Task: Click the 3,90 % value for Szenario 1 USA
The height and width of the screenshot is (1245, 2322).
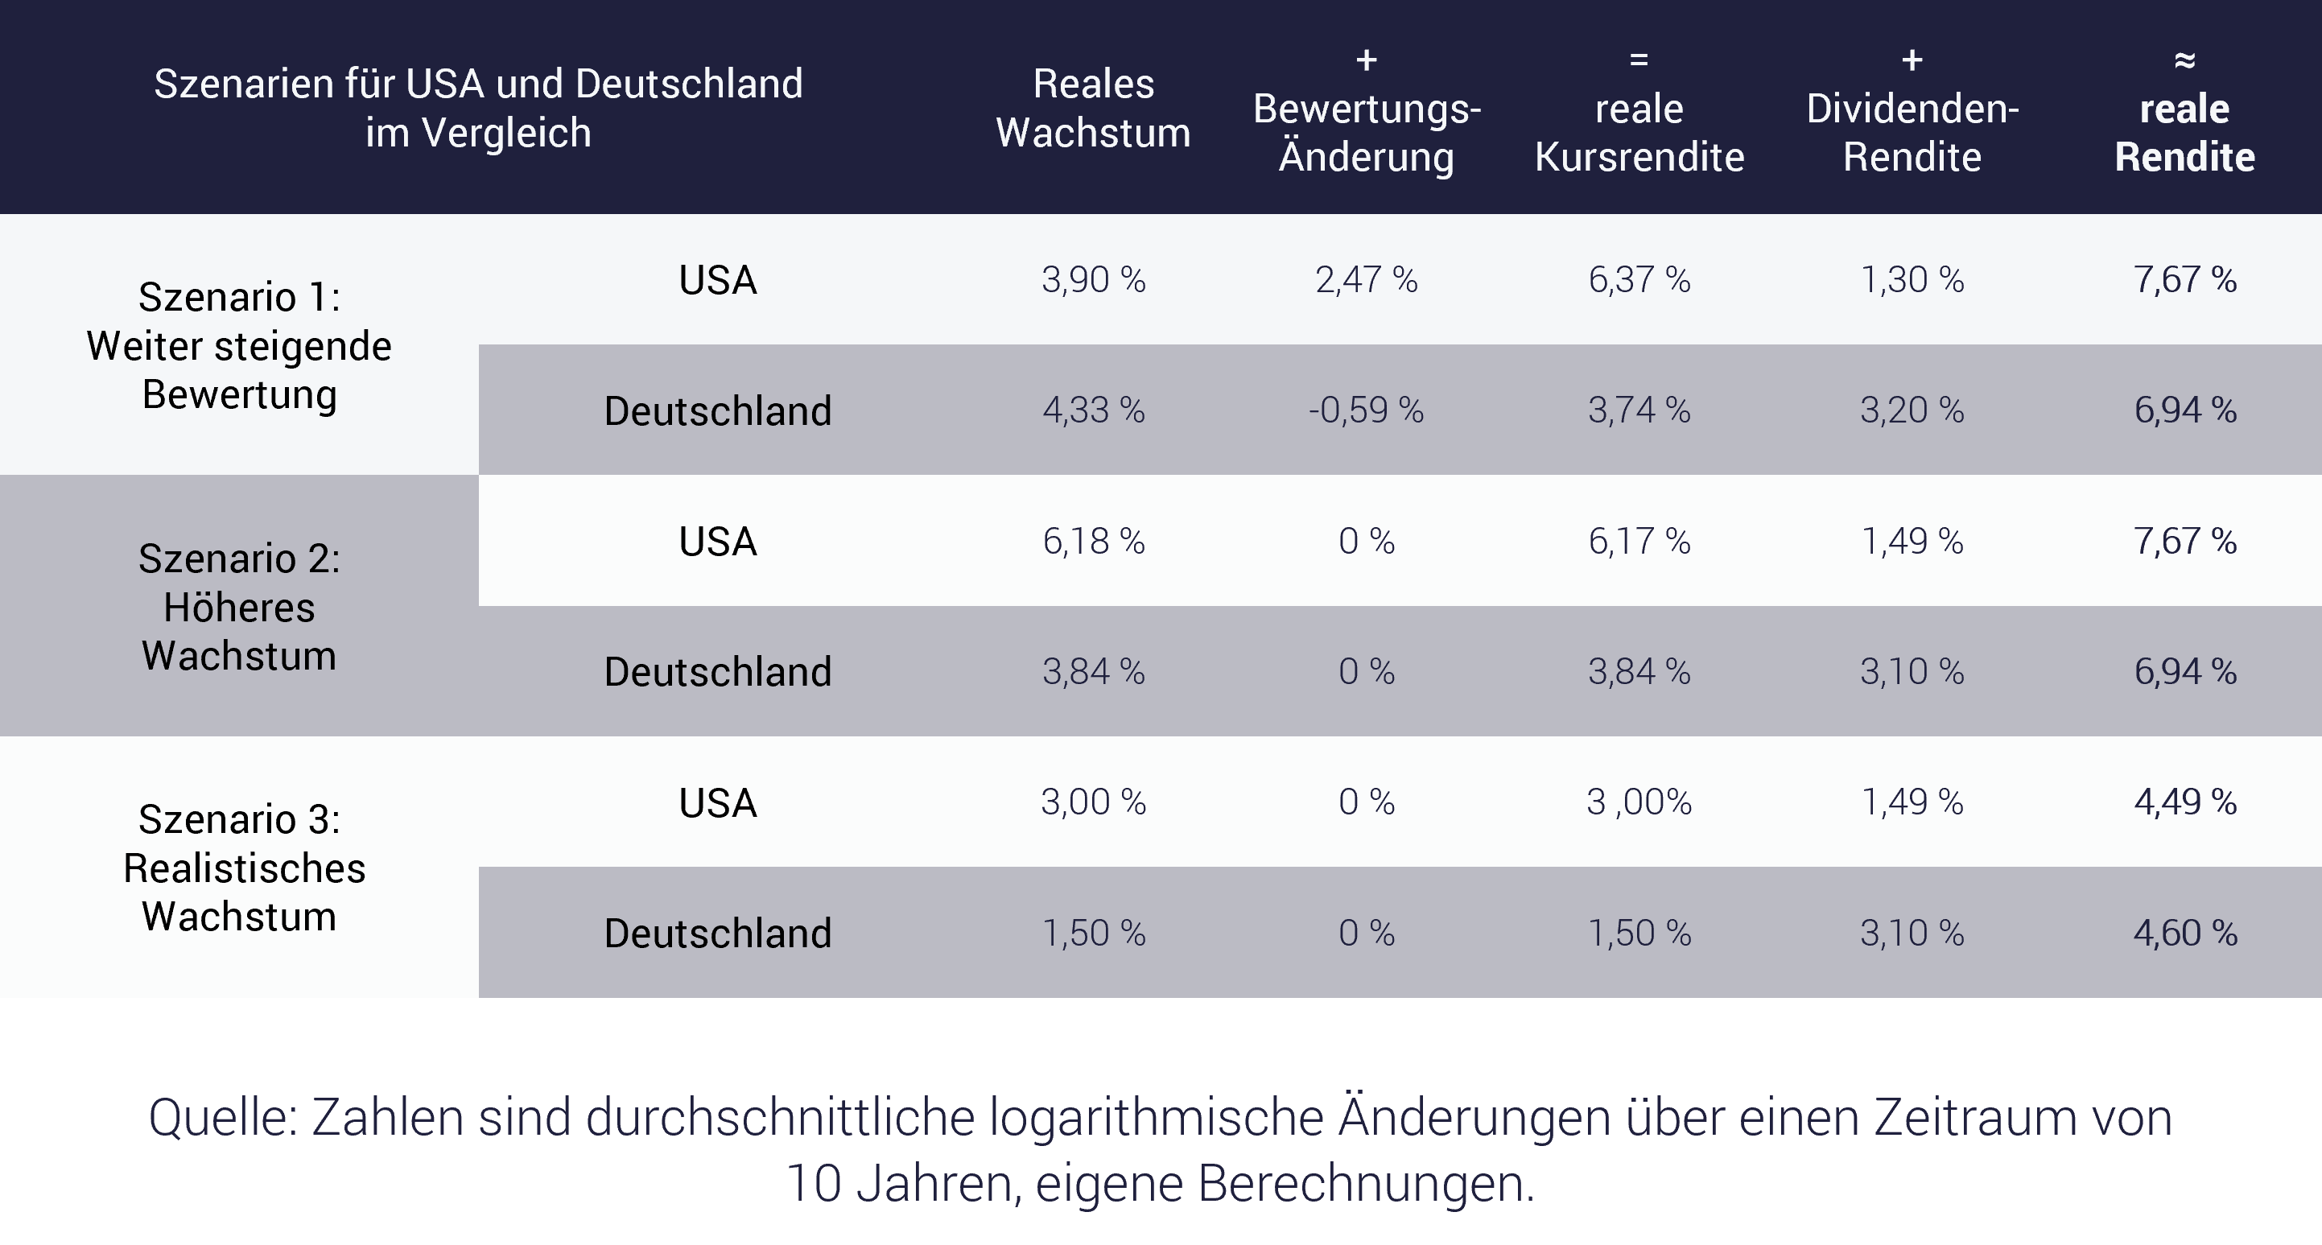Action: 1094,279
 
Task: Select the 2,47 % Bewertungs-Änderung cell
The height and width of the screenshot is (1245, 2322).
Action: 1367,279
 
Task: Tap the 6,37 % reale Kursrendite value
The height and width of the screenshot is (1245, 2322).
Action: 1639,279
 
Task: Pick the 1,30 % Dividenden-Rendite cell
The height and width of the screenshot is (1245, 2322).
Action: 1912,279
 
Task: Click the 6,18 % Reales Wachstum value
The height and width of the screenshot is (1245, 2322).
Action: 1094,541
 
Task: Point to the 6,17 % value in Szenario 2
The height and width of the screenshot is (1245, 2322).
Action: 1639,541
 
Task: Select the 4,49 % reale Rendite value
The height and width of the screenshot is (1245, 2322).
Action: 2185,802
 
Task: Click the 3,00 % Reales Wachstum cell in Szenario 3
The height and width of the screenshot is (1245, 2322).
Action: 1094,802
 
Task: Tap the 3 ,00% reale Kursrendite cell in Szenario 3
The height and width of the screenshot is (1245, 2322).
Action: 1639,802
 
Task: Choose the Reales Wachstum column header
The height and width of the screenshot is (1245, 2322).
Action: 1094,108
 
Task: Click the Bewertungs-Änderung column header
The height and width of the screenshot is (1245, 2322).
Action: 1367,133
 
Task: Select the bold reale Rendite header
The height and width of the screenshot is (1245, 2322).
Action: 2185,133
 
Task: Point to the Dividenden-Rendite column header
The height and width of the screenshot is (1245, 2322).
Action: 1912,133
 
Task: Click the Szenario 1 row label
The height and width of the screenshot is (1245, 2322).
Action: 239,345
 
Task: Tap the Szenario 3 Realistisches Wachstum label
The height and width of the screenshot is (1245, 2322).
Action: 239,868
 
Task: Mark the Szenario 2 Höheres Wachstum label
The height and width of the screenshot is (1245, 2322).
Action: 239,607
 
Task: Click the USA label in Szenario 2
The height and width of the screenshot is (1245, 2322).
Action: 717,541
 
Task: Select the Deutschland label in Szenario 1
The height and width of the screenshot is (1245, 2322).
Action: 717,411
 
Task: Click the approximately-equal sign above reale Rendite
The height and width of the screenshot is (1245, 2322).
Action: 2185,60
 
